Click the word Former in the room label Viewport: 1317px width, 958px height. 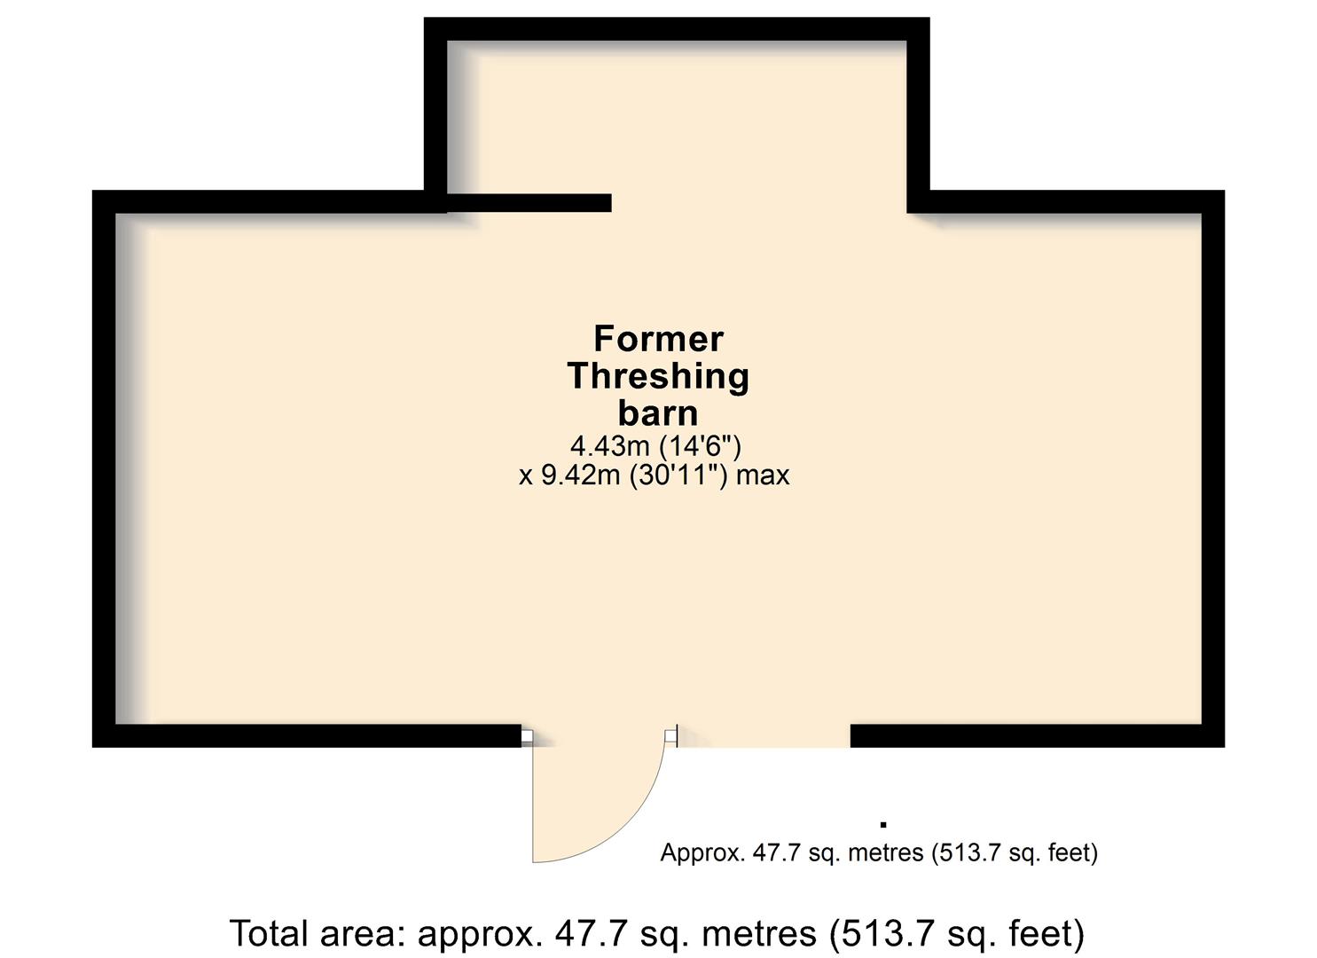click(658, 340)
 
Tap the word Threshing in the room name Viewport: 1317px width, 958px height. click(658, 376)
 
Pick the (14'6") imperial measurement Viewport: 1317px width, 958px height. click(701, 447)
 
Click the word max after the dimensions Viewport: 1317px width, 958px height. click(763, 476)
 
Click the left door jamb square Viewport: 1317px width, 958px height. click(527, 735)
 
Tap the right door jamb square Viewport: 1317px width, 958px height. click(670, 735)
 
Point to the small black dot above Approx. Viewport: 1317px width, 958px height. click(883, 825)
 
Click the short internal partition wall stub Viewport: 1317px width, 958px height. click(529, 202)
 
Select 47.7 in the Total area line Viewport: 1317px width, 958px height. click(592, 932)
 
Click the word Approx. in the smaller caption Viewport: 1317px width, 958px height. click(702, 852)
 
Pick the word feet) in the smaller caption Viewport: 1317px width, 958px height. click(1073, 852)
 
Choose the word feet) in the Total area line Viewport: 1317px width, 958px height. click(1047, 934)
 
